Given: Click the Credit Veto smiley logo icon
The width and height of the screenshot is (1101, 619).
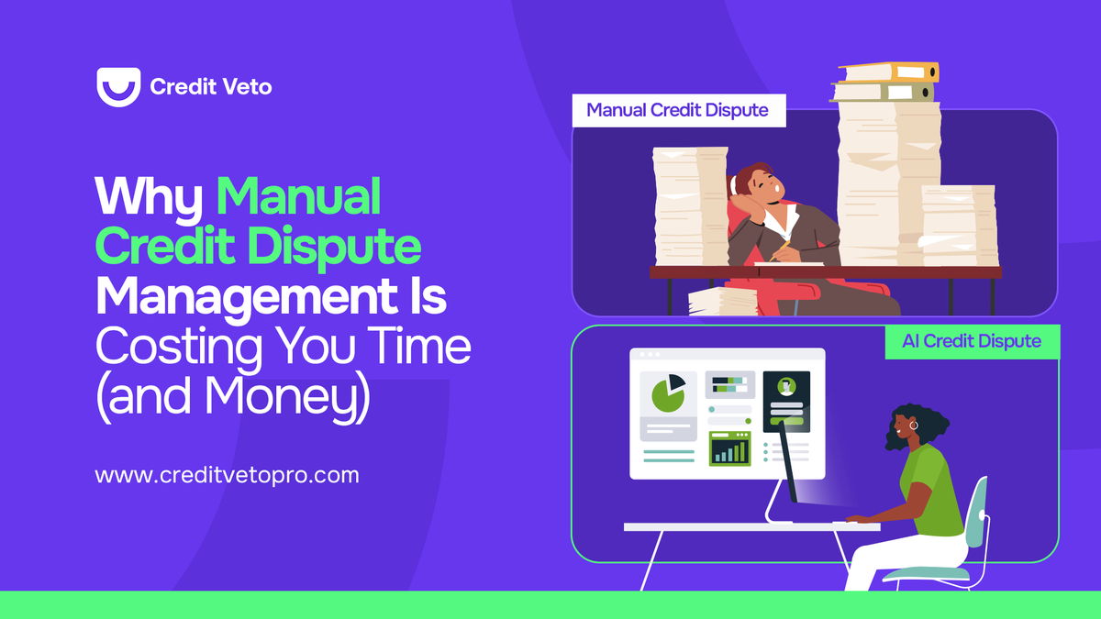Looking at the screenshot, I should [x=117, y=86].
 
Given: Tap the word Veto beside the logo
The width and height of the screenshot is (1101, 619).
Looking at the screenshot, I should [x=246, y=87].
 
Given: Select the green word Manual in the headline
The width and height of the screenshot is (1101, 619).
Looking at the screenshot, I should [x=298, y=196].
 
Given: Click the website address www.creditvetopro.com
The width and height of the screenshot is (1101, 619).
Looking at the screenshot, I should [x=227, y=476].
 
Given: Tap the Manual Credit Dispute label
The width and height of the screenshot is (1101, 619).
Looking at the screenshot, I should [x=677, y=111].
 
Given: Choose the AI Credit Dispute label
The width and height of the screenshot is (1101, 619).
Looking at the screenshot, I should [x=971, y=341].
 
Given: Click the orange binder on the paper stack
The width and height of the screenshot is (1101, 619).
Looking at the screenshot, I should [x=888, y=72].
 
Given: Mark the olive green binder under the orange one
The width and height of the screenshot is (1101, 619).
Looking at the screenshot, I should [x=883, y=92].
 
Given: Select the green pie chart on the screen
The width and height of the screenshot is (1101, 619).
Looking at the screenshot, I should [x=668, y=393].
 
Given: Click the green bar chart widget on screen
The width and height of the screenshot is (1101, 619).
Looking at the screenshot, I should [x=730, y=449].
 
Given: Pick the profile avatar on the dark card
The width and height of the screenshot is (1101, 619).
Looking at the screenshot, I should [x=785, y=387].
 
